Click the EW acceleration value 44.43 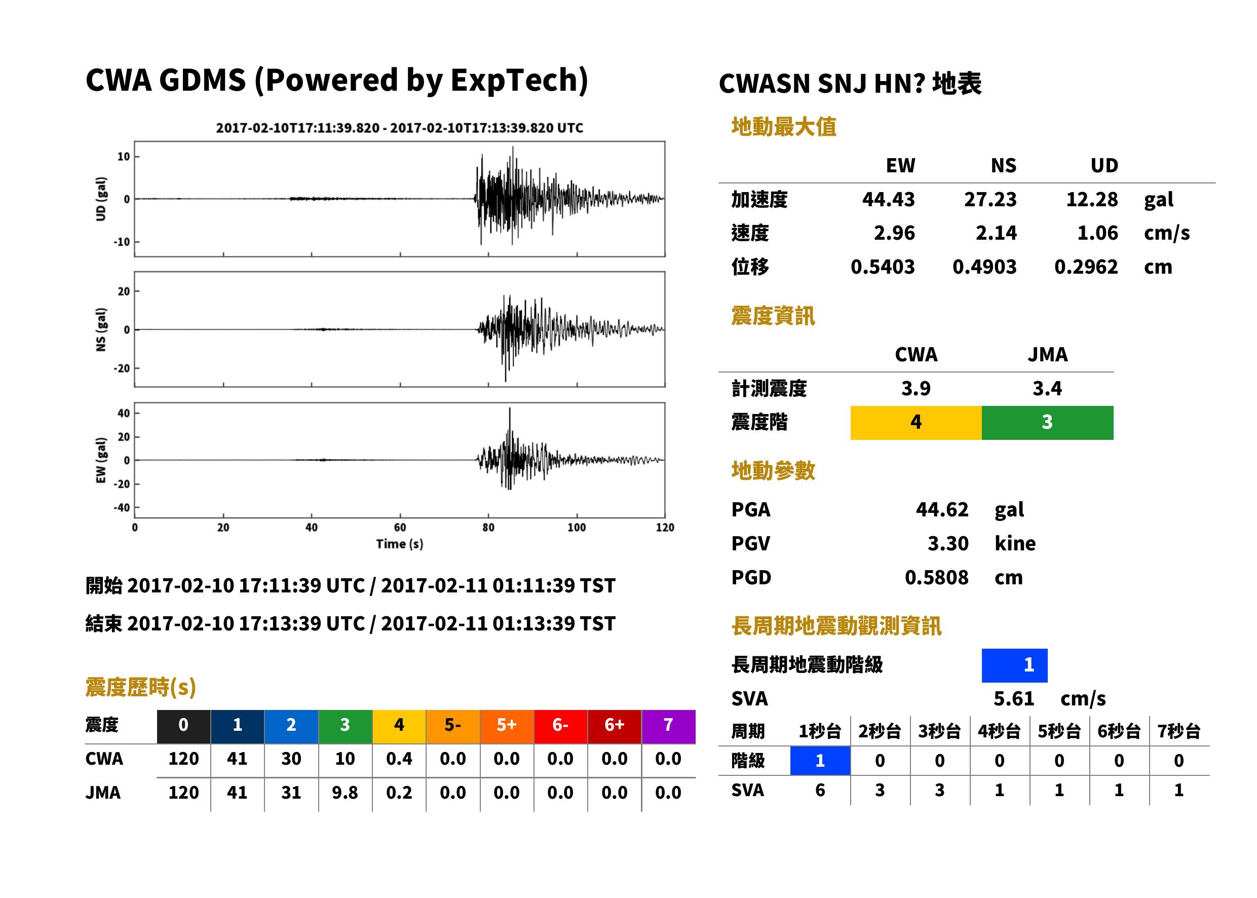pos(888,199)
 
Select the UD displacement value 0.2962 pos(1086,267)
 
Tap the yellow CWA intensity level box pos(916,423)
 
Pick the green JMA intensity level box pos(1048,423)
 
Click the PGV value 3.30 pos(948,544)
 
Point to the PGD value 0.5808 pos(936,578)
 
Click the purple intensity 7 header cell pos(668,726)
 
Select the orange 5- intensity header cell pos(453,726)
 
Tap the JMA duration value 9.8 pos(345,793)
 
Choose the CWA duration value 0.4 pos(399,759)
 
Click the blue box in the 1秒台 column pos(820,761)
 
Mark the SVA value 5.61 pos(1014,699)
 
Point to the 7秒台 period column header pos(1179,732)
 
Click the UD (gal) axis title pos(101,199)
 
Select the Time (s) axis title pos(400,544)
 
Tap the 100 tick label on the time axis pos(577,528)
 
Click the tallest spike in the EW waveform pos(510,408)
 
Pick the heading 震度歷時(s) pos(141,687)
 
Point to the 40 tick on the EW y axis pos(124,413)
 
